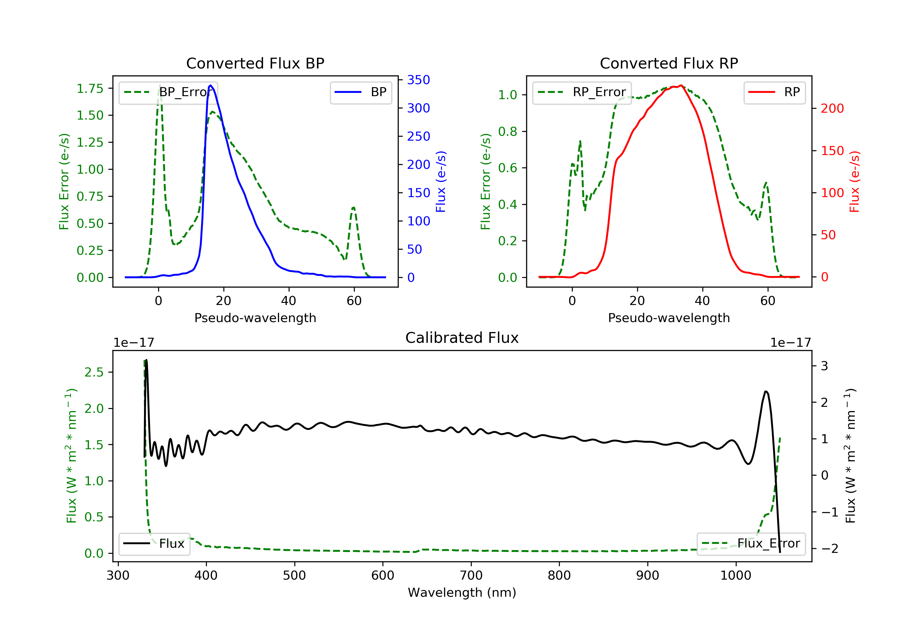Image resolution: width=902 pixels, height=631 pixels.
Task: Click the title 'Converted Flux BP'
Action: pos(255,63)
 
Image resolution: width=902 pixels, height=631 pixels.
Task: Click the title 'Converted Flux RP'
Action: pos(669,63)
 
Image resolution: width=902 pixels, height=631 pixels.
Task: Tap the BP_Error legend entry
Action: pos(168,92)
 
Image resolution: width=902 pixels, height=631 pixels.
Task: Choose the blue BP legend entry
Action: pos(360,92)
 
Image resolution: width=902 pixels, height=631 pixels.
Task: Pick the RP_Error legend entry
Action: pos(582,92)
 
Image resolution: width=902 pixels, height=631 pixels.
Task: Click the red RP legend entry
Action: pos(774,92)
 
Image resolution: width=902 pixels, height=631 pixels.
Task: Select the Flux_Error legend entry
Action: pos(751,544)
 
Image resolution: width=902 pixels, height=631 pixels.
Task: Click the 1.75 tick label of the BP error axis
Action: pos(90,88)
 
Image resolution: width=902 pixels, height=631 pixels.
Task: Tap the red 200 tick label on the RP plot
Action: pos(832,108)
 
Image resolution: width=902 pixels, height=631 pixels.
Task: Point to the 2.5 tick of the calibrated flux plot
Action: pos(94,372)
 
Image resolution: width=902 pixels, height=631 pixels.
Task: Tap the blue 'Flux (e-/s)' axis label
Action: pos(441,182)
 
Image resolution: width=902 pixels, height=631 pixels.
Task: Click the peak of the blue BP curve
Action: pos(210,85)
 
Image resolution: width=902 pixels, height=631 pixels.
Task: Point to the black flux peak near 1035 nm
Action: pos(766,392)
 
